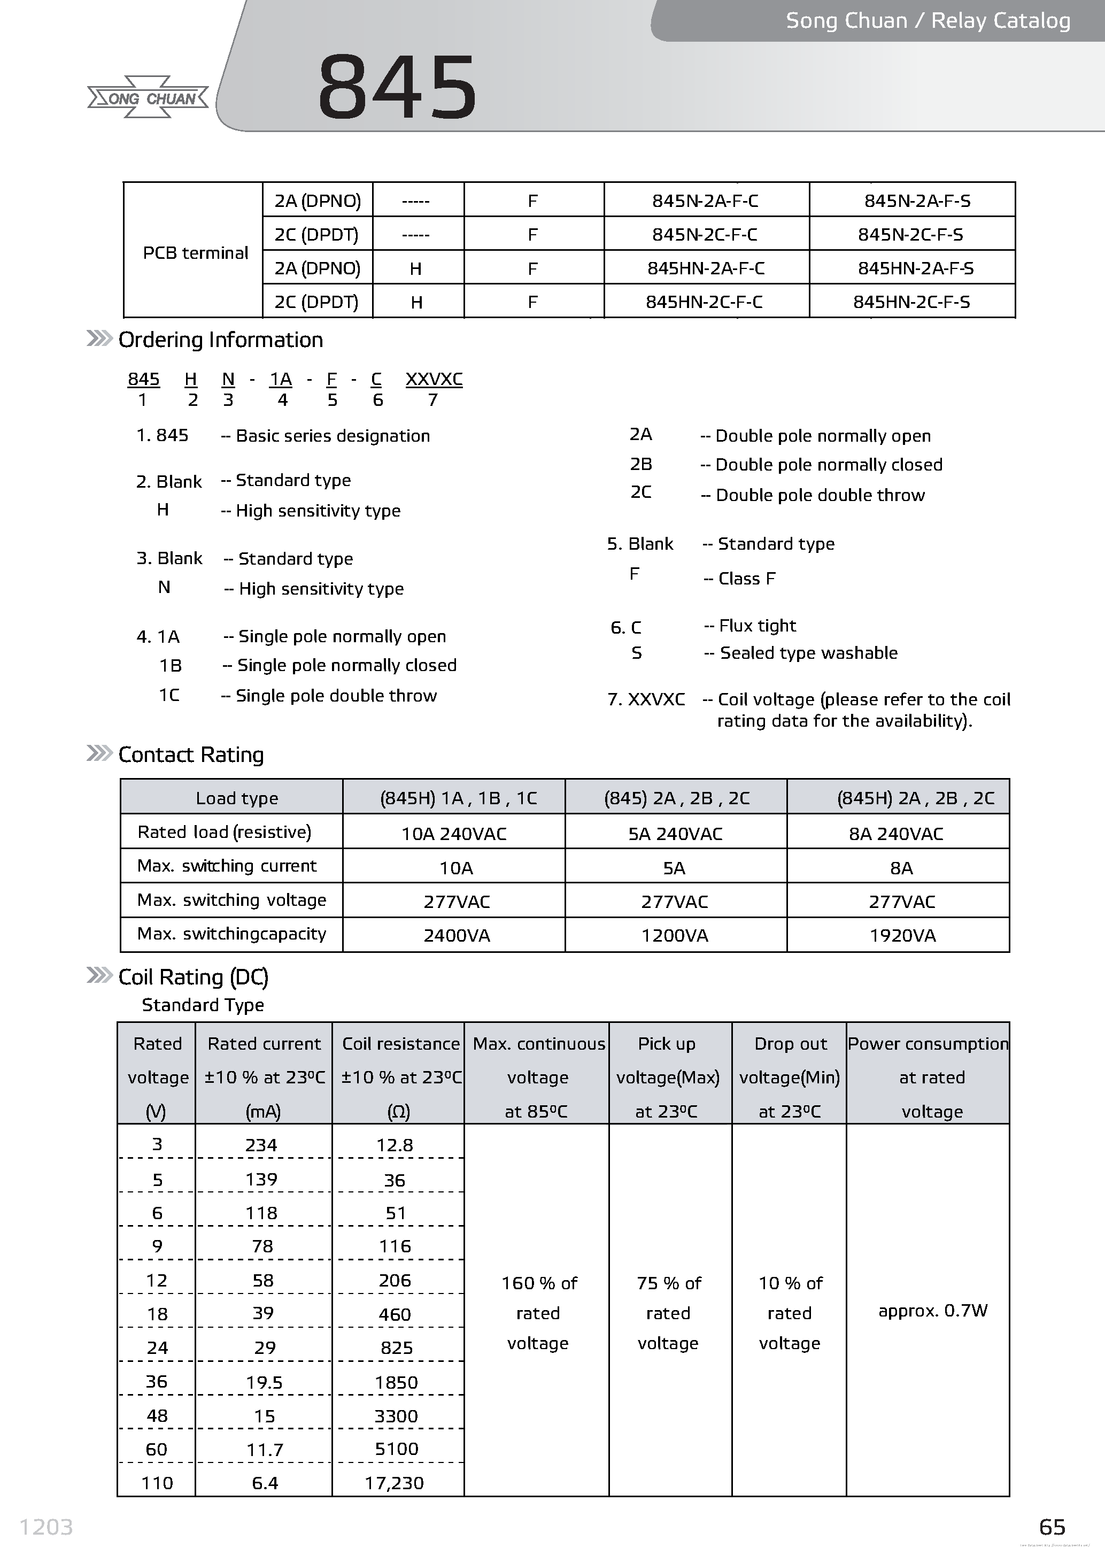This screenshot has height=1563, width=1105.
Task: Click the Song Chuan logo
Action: click(148, 98)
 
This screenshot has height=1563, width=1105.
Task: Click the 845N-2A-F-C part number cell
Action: click(705, 201)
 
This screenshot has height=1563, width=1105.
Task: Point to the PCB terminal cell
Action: click(195, 252)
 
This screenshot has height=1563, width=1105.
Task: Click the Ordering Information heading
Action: click(220, 340)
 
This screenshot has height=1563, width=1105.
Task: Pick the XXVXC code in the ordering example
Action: click(434, 379)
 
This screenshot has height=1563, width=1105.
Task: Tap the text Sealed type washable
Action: click(808, 653)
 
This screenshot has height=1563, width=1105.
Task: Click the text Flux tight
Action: click(758, 626)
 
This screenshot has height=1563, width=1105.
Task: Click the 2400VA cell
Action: click(457, 935)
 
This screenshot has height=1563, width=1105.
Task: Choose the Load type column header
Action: click(237, 798)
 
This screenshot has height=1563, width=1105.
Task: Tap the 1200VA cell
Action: click(674, 935)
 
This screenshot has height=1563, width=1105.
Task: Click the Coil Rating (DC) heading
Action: click(193, 977)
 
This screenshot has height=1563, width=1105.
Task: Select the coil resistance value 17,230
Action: click(394, 1483)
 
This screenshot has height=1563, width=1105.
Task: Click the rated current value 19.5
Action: click(265, 1382)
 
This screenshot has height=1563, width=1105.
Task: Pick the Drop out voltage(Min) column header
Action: click(789, 1077)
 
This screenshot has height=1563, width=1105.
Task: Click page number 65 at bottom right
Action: click(1052, 1527)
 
